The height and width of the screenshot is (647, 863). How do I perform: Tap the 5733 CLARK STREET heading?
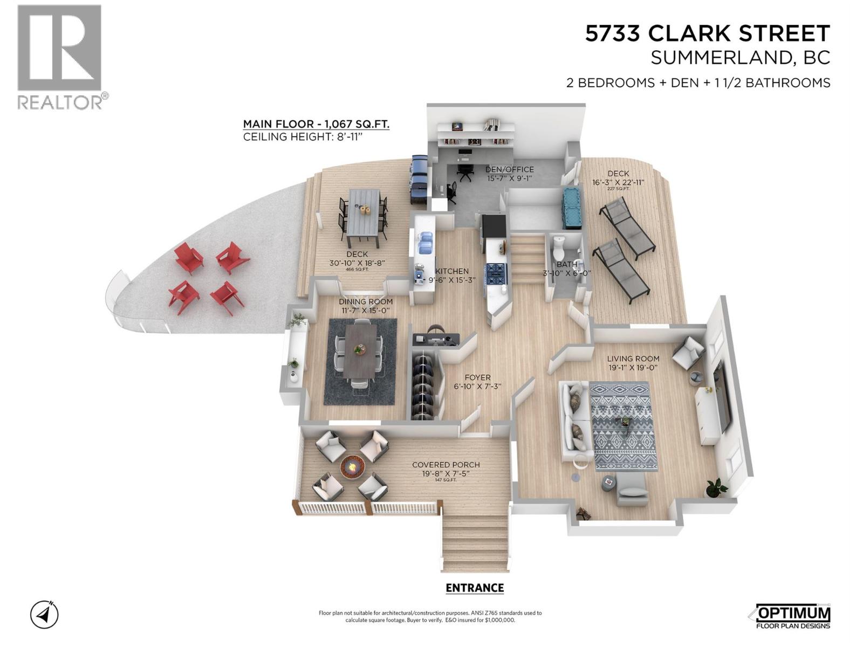(x=707, y=34)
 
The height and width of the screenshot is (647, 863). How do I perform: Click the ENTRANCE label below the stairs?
(x=475, y=588)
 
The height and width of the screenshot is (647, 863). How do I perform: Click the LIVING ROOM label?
(x=633, y=359)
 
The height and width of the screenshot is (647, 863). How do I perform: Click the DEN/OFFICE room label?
(x=509, y=169)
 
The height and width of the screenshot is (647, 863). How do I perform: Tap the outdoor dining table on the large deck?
(x=364, y=216)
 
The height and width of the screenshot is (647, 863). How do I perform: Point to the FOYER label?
(x=477, y=378)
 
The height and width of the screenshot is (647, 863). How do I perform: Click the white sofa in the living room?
(x=575, y=421)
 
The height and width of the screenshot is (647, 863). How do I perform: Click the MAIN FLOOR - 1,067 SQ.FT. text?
(x=316, y=124)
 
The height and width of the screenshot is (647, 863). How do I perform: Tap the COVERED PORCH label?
(x=446, y=465)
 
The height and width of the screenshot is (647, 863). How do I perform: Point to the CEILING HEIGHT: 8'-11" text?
(x=302, y=137)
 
